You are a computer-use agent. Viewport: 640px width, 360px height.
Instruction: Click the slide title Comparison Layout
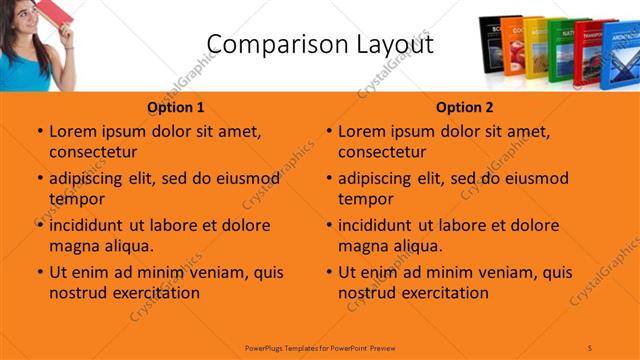click(x=319, y=45)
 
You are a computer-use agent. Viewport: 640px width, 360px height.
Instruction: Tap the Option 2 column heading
click(x=465, y=107)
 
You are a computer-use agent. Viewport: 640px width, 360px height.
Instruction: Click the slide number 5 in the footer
click(x=590, y=346)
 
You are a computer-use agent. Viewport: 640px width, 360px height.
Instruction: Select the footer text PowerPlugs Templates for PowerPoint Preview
click(x=320, y=346)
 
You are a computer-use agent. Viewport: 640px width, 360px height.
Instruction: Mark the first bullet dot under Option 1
click(x=39, y=131)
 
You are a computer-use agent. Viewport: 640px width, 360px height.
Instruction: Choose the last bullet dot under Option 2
click(x=328, y=272)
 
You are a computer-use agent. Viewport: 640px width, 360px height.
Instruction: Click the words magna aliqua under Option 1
click(x=101, y=245)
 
